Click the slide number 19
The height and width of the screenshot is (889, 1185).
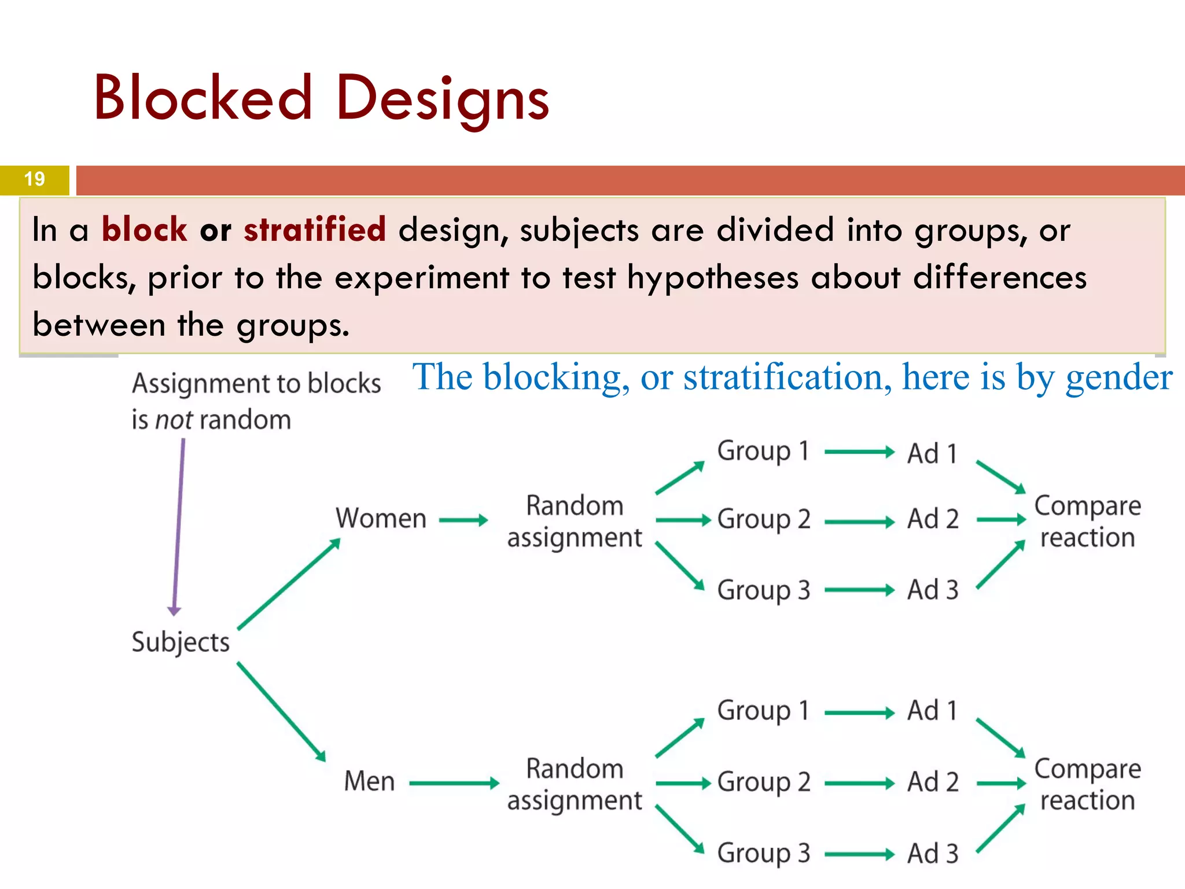[x=35, y=179]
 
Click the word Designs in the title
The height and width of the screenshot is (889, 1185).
[x=443, y=100]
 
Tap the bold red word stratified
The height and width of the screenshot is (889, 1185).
[x=315, y=229]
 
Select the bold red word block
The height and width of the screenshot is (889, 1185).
[x=144, y=229]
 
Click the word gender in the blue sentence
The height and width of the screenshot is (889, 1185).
[x=1119, y=379]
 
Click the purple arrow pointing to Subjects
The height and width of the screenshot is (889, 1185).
[x=178, y=527]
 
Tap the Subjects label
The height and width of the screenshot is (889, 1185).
[x=181, y=642]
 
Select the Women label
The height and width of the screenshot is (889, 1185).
[x=381, y=518]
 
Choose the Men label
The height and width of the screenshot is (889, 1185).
[x=369, y=781]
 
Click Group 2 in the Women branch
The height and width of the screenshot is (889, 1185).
[x=764, y=519]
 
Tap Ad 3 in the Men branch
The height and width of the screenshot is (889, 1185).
[x=933, y=854]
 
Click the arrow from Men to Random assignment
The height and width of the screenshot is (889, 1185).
[x=454, y=784]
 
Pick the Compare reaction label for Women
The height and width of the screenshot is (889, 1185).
[x=1087, y=521]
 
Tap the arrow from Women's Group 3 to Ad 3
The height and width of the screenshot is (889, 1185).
[x=860, y=590]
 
